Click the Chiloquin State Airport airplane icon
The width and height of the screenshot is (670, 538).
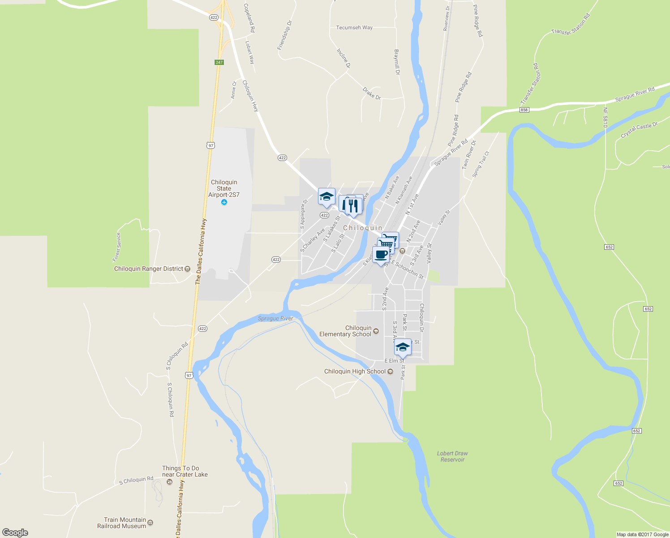[224, 202]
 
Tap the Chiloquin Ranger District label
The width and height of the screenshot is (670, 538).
[149, 269]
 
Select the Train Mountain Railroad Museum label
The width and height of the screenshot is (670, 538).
[122, 523]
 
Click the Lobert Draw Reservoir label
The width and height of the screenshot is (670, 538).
[452, 456]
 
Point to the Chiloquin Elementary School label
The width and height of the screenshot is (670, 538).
[345, 331]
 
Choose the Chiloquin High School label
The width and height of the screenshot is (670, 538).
[355, 371]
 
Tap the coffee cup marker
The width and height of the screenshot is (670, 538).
[381, 255]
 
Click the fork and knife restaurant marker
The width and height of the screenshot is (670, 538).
[354, 206]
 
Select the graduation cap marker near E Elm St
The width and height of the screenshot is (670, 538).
[403, 347]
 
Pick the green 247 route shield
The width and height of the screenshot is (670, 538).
[219, 62]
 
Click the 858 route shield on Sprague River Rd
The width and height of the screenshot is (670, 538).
[524, 110]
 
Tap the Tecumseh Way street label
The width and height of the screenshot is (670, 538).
[354, 27]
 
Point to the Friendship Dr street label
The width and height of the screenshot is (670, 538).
[284, 35]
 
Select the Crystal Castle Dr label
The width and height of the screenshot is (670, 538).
[639, 130]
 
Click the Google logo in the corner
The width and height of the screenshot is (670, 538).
[15, 533]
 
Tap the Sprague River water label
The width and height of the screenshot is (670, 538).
[275, 318]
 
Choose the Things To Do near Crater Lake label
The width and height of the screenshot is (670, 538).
[185, 471]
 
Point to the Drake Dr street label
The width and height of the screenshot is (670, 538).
[372, 93]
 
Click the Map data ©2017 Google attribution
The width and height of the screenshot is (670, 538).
[642, 534]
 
